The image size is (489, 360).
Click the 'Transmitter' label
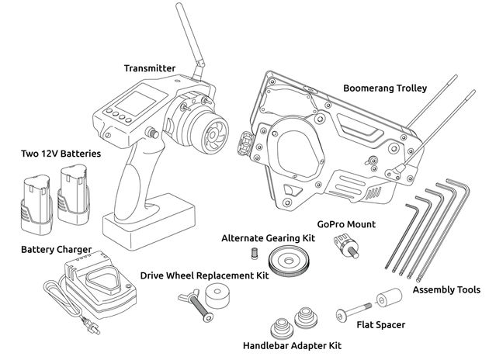point(149,68)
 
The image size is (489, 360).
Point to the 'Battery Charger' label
point(56,249)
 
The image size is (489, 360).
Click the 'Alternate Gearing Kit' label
point(268,237)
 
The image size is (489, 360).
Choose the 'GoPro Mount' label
point(346,224)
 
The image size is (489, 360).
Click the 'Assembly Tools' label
point(446,289)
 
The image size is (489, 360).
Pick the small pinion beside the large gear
point(253,253)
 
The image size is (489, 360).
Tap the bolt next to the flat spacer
point(353,314)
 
